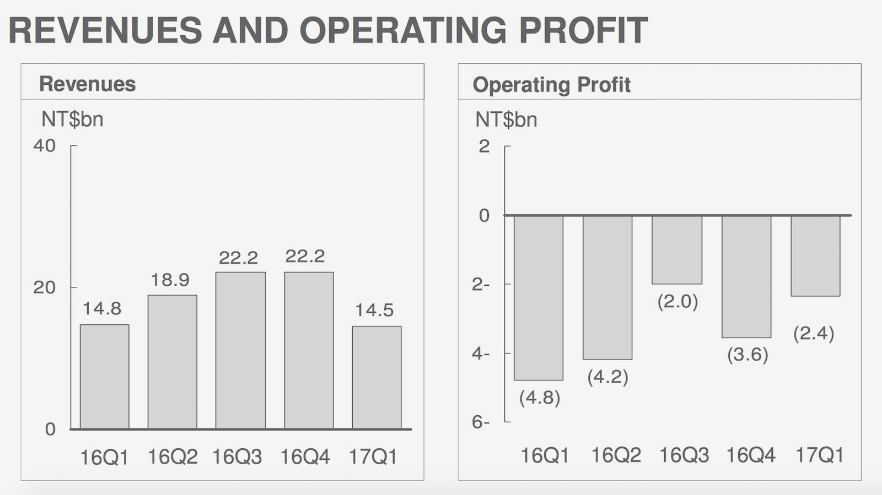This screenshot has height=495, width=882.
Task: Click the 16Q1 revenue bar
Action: [104, 377]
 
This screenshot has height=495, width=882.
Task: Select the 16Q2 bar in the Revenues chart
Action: [172, 362]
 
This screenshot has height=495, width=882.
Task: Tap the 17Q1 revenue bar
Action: [377, 378]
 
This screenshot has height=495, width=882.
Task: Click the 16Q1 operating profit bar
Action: [539, 297]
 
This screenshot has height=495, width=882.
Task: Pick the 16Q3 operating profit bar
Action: [677, 249]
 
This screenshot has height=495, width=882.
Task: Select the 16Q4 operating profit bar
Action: [746, 276]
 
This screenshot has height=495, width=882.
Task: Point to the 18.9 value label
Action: [170, 280]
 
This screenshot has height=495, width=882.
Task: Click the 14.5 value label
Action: [374, 311]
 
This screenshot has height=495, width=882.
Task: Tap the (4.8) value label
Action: [540, 398]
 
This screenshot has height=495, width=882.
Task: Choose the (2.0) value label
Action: [677, 302]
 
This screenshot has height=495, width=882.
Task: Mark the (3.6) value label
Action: [747, 355]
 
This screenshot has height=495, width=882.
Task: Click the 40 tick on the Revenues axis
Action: [45, 146]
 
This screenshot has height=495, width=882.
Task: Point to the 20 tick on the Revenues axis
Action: [45, 287]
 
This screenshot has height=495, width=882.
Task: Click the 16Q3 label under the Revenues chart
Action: [238, 457]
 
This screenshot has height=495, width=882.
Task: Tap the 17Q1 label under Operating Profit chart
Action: [820, 455]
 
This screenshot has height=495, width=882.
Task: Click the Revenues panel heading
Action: [88, 84]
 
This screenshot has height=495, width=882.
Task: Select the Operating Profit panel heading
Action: [551, 85]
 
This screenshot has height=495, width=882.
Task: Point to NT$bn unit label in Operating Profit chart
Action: [506, 119]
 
